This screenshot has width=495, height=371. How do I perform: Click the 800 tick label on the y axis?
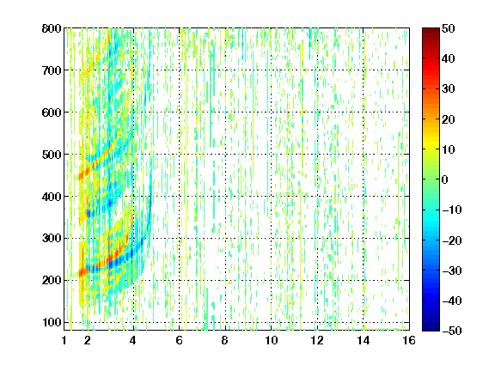pyautogui.click(x=52, y=28)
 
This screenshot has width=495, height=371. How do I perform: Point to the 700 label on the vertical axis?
pyautogui.click(x=52, y=70)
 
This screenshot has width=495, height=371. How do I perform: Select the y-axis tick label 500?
pyautogui.click(x=52, y=155)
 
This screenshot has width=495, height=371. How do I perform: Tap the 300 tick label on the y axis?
pyautogui.click(x=52, y=238)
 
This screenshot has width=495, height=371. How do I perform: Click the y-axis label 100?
pyautogui.click(x=52, y=322)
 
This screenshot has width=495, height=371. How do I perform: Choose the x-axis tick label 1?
pyautogui.click(x=64, y=340)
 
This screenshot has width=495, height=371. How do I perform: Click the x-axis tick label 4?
pyautogui.click(x=133, y=340)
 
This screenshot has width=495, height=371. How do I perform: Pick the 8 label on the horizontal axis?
pyautogui.click(x=224, y=340)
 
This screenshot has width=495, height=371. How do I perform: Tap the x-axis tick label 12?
pyautogui.click(x=316, y=340)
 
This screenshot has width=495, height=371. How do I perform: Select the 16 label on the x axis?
pyautogui.click(x=408, y=340)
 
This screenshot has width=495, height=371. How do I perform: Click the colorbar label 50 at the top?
pyautogui.click(x=448, y=28)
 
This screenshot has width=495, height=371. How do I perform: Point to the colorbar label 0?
pyautogui.click(x=445, y=179)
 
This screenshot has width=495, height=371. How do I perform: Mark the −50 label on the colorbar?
pyautogui.click(x=452, y=331)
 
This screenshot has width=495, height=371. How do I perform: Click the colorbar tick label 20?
pyautogui.click(x=448, y=119)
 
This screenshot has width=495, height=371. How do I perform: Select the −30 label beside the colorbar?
pyautogui.click(x=452, y=271)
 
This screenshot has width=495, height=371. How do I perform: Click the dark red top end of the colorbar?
pyautogui.click(x=431, y=30)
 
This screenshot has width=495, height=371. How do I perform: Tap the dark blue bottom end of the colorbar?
pyautogui.click(x=431, y=329)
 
